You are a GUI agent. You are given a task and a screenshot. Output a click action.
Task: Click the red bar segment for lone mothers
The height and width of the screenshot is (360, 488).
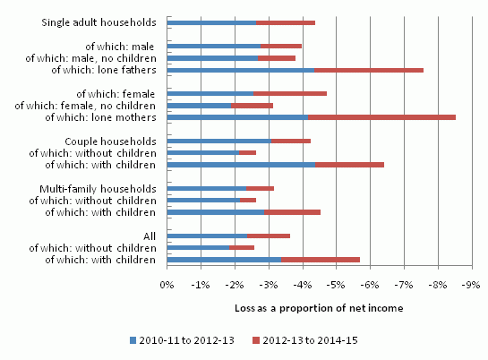[x=381, y=117]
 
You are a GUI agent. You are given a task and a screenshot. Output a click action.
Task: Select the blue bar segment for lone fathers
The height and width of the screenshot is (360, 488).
[x=241, y=70]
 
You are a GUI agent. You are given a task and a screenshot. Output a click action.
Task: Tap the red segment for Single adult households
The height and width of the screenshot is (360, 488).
[x=286, y=22]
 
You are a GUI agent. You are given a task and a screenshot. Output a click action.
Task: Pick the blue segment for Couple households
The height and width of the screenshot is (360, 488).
[x=219, y=141]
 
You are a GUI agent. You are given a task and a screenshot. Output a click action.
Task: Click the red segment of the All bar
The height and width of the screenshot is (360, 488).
[x=269, y=236]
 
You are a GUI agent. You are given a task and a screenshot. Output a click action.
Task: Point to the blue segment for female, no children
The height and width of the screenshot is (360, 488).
[x=199, y=106]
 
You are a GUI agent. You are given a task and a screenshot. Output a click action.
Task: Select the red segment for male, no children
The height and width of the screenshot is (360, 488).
[x=277, y=58]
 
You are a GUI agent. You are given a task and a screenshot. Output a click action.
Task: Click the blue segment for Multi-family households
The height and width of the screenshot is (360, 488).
[x=207, y=188]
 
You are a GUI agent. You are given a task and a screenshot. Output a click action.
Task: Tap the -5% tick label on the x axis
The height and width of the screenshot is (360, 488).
[x=336, y=285]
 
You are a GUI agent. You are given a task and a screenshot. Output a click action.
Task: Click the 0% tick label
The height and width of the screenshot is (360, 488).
[x=167, y=285]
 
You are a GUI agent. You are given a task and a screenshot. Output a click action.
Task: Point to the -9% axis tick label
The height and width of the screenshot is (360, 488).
[x=471, y=285]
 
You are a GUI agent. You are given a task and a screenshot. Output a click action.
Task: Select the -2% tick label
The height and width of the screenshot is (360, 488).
[x=235, y=285]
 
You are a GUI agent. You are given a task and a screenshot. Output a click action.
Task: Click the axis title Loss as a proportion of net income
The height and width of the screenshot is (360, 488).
[x=319, y=308]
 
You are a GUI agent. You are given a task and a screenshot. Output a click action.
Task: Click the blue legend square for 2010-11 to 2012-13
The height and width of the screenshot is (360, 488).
[x=133, y=340]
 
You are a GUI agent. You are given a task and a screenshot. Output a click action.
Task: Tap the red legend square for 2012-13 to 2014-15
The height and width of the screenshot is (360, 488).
[x=256, y=340]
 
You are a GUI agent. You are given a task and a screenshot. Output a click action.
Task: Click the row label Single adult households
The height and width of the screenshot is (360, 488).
[x=99, y=22]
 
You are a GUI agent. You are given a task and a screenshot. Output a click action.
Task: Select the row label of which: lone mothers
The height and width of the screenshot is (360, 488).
[x=100, y=117]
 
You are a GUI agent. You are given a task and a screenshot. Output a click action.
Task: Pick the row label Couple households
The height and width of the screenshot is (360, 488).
[x=110, y=141]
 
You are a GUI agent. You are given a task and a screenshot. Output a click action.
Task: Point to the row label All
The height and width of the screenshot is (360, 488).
[x=150, y=236]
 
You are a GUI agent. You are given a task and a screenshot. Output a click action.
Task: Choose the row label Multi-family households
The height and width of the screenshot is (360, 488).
[x=98, y=189]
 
